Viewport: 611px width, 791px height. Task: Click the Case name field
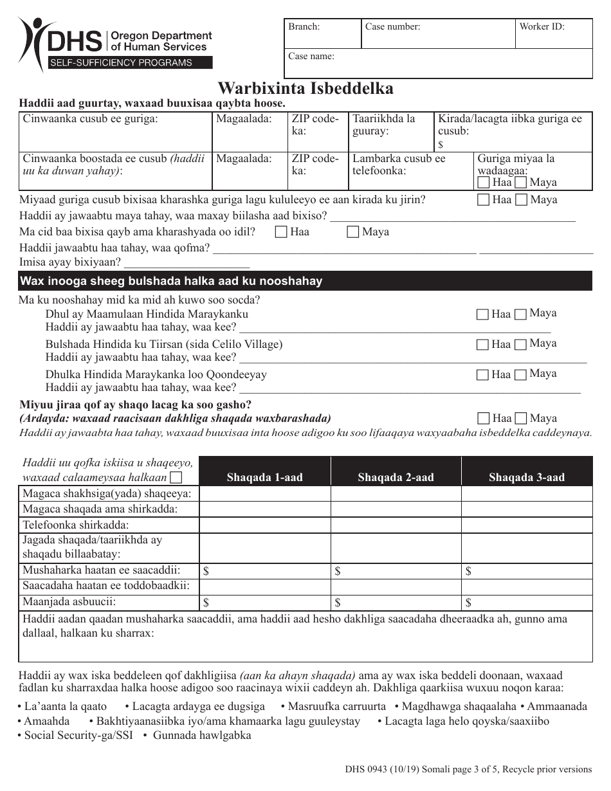(x=438, y=64)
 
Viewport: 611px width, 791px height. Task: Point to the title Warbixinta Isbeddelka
(x=305, y=87)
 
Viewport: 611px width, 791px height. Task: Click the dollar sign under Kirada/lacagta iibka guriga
(x=441, y=145)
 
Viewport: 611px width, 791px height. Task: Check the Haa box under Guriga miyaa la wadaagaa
(x=484, y=183)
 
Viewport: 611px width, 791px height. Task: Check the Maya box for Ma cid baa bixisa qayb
(x=352, y=232)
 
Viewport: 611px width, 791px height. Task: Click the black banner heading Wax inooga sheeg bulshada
(x=305, y=281)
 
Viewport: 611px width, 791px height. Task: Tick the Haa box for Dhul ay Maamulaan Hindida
(x=482, y=314)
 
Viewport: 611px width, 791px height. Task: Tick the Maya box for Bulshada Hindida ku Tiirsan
(x=521, y=345)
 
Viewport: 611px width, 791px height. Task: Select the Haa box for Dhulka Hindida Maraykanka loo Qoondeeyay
(x=482, y=375)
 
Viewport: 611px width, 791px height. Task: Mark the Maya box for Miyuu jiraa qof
(x=521, y=419)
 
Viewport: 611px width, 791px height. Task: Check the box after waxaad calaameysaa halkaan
(x=176, y=478)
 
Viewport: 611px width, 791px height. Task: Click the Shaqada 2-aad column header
(x=396, y=477)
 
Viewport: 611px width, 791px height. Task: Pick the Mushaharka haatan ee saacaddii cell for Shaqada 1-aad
(x=265, y=571)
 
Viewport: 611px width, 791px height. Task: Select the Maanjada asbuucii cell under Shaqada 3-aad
(x=527, y=603)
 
